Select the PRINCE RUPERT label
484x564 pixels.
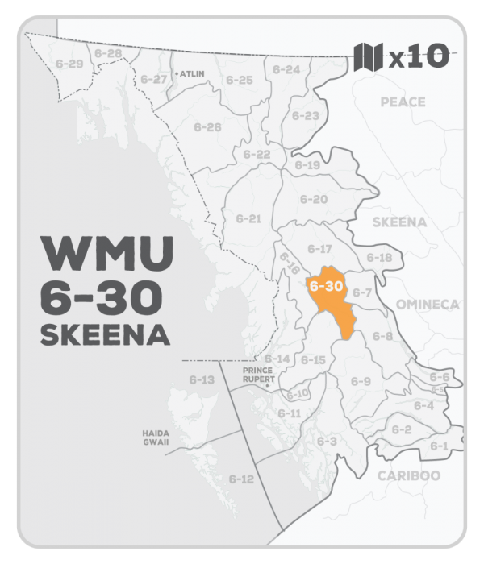click(259, 375)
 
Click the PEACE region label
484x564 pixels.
click(403, 102)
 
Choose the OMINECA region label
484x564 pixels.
click(428, 304)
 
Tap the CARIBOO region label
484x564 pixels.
click(409, 475)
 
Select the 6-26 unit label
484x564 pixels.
click(207, 127)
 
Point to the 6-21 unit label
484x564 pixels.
click(248, 218)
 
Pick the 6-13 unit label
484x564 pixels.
click(202, 379)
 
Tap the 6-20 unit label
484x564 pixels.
click(314, 199)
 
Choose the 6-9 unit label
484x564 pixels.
click(361, 381)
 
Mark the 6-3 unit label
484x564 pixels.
click(327, 441)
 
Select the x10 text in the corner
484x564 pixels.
click(418, 58)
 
